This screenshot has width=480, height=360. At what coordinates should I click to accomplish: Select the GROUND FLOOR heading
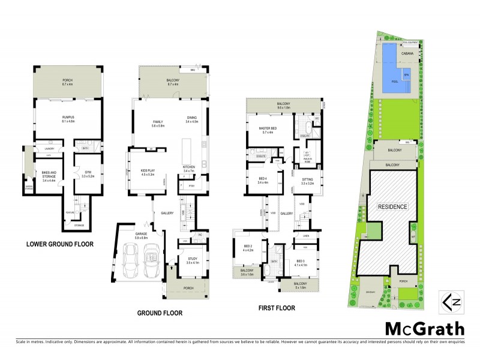pyautogui.click(x=160, y=313)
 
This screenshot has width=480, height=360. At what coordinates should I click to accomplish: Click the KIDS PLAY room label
pyautogui.click(x=148, y=172)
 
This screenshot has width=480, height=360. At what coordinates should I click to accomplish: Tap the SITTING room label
pyautogui.click(x=308, y=179)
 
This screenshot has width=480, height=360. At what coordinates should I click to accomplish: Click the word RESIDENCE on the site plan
pyautogui.click(x=392, y=206)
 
